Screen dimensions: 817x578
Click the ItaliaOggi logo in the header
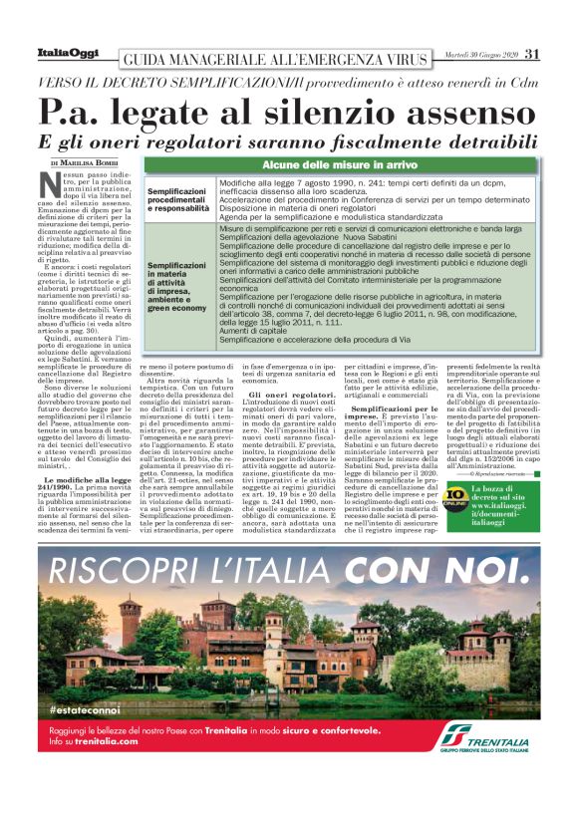click(66, 53)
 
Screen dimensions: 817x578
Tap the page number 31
click(532, 54)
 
